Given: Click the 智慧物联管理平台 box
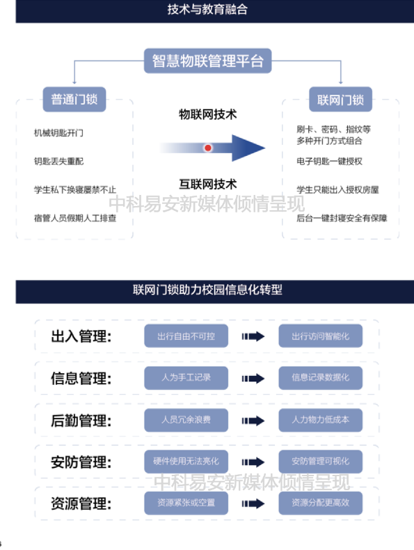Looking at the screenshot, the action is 207,61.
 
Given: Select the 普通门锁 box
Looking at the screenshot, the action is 74,100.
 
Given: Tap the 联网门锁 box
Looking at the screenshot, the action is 340,100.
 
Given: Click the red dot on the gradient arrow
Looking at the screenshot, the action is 208,148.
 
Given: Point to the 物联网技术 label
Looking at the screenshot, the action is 208,114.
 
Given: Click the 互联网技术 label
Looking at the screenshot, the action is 208,184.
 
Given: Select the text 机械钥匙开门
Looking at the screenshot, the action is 58,133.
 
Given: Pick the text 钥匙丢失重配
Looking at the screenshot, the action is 58,162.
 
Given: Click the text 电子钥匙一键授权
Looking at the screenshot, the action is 330,162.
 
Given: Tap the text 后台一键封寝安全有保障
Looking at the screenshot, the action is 342,218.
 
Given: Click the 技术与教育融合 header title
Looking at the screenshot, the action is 207,10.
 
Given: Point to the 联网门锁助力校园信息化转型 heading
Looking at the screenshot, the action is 207,290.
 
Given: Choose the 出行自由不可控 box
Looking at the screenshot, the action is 186,336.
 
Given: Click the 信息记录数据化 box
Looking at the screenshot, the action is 320,378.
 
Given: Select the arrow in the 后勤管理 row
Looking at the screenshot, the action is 253,421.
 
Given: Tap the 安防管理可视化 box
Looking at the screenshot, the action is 320,462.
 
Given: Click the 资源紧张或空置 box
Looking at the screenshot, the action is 186,503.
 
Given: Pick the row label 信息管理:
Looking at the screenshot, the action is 81,379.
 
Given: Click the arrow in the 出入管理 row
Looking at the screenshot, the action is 253,336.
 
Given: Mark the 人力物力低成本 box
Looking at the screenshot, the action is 320,420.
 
